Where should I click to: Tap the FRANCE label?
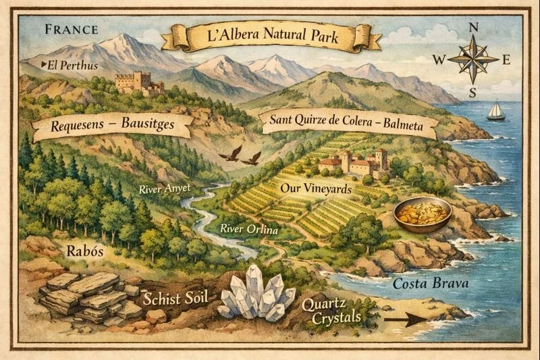pos(71,30)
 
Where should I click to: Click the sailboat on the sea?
pos(496,111)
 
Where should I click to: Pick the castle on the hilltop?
pos(138,83)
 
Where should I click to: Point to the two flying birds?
pos(240,156)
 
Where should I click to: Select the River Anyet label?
pos(165,189)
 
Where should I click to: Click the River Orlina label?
pos(249,230)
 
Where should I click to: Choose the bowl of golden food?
pos(423,214)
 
